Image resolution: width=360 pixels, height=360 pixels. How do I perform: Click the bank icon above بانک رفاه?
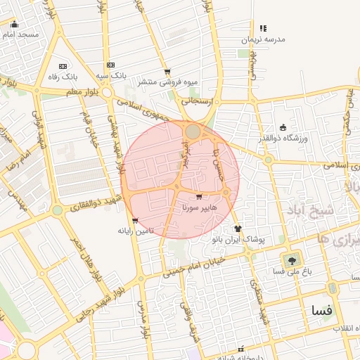[x=63, y=65]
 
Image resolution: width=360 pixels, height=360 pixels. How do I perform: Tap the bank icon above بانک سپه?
[x=110, y=65]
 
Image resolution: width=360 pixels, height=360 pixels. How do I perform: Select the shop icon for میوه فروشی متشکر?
[x=167, y=72]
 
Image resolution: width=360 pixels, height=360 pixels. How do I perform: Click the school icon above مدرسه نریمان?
[x=263, y=29]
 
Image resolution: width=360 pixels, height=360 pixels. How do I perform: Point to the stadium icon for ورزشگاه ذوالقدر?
[x=283, y=127]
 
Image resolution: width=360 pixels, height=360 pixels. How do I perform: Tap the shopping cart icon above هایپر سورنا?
[x=199, y=197]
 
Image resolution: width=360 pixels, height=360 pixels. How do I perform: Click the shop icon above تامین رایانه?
[x=135, y=220]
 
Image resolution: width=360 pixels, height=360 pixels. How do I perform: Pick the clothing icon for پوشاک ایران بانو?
[x=238, y=229]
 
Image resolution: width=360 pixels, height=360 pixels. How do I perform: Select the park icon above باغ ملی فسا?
[x=290, y=259]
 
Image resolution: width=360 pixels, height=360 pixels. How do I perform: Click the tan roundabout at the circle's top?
[x=193, y=131]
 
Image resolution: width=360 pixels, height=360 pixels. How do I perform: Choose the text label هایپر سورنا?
[x=200, y=208]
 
